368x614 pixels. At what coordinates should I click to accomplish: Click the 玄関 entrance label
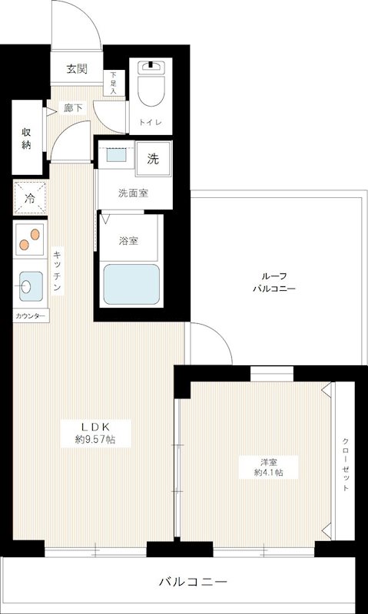(76, 69)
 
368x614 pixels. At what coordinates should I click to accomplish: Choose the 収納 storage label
(26, 137)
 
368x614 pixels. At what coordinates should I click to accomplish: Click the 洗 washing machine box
(153, 160)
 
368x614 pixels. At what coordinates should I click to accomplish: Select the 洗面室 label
(133, 193)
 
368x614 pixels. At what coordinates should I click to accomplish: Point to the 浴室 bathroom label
(128, 240)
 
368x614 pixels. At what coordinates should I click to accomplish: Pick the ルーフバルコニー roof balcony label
(274, 282)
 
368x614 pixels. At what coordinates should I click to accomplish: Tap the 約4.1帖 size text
(268, 473)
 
